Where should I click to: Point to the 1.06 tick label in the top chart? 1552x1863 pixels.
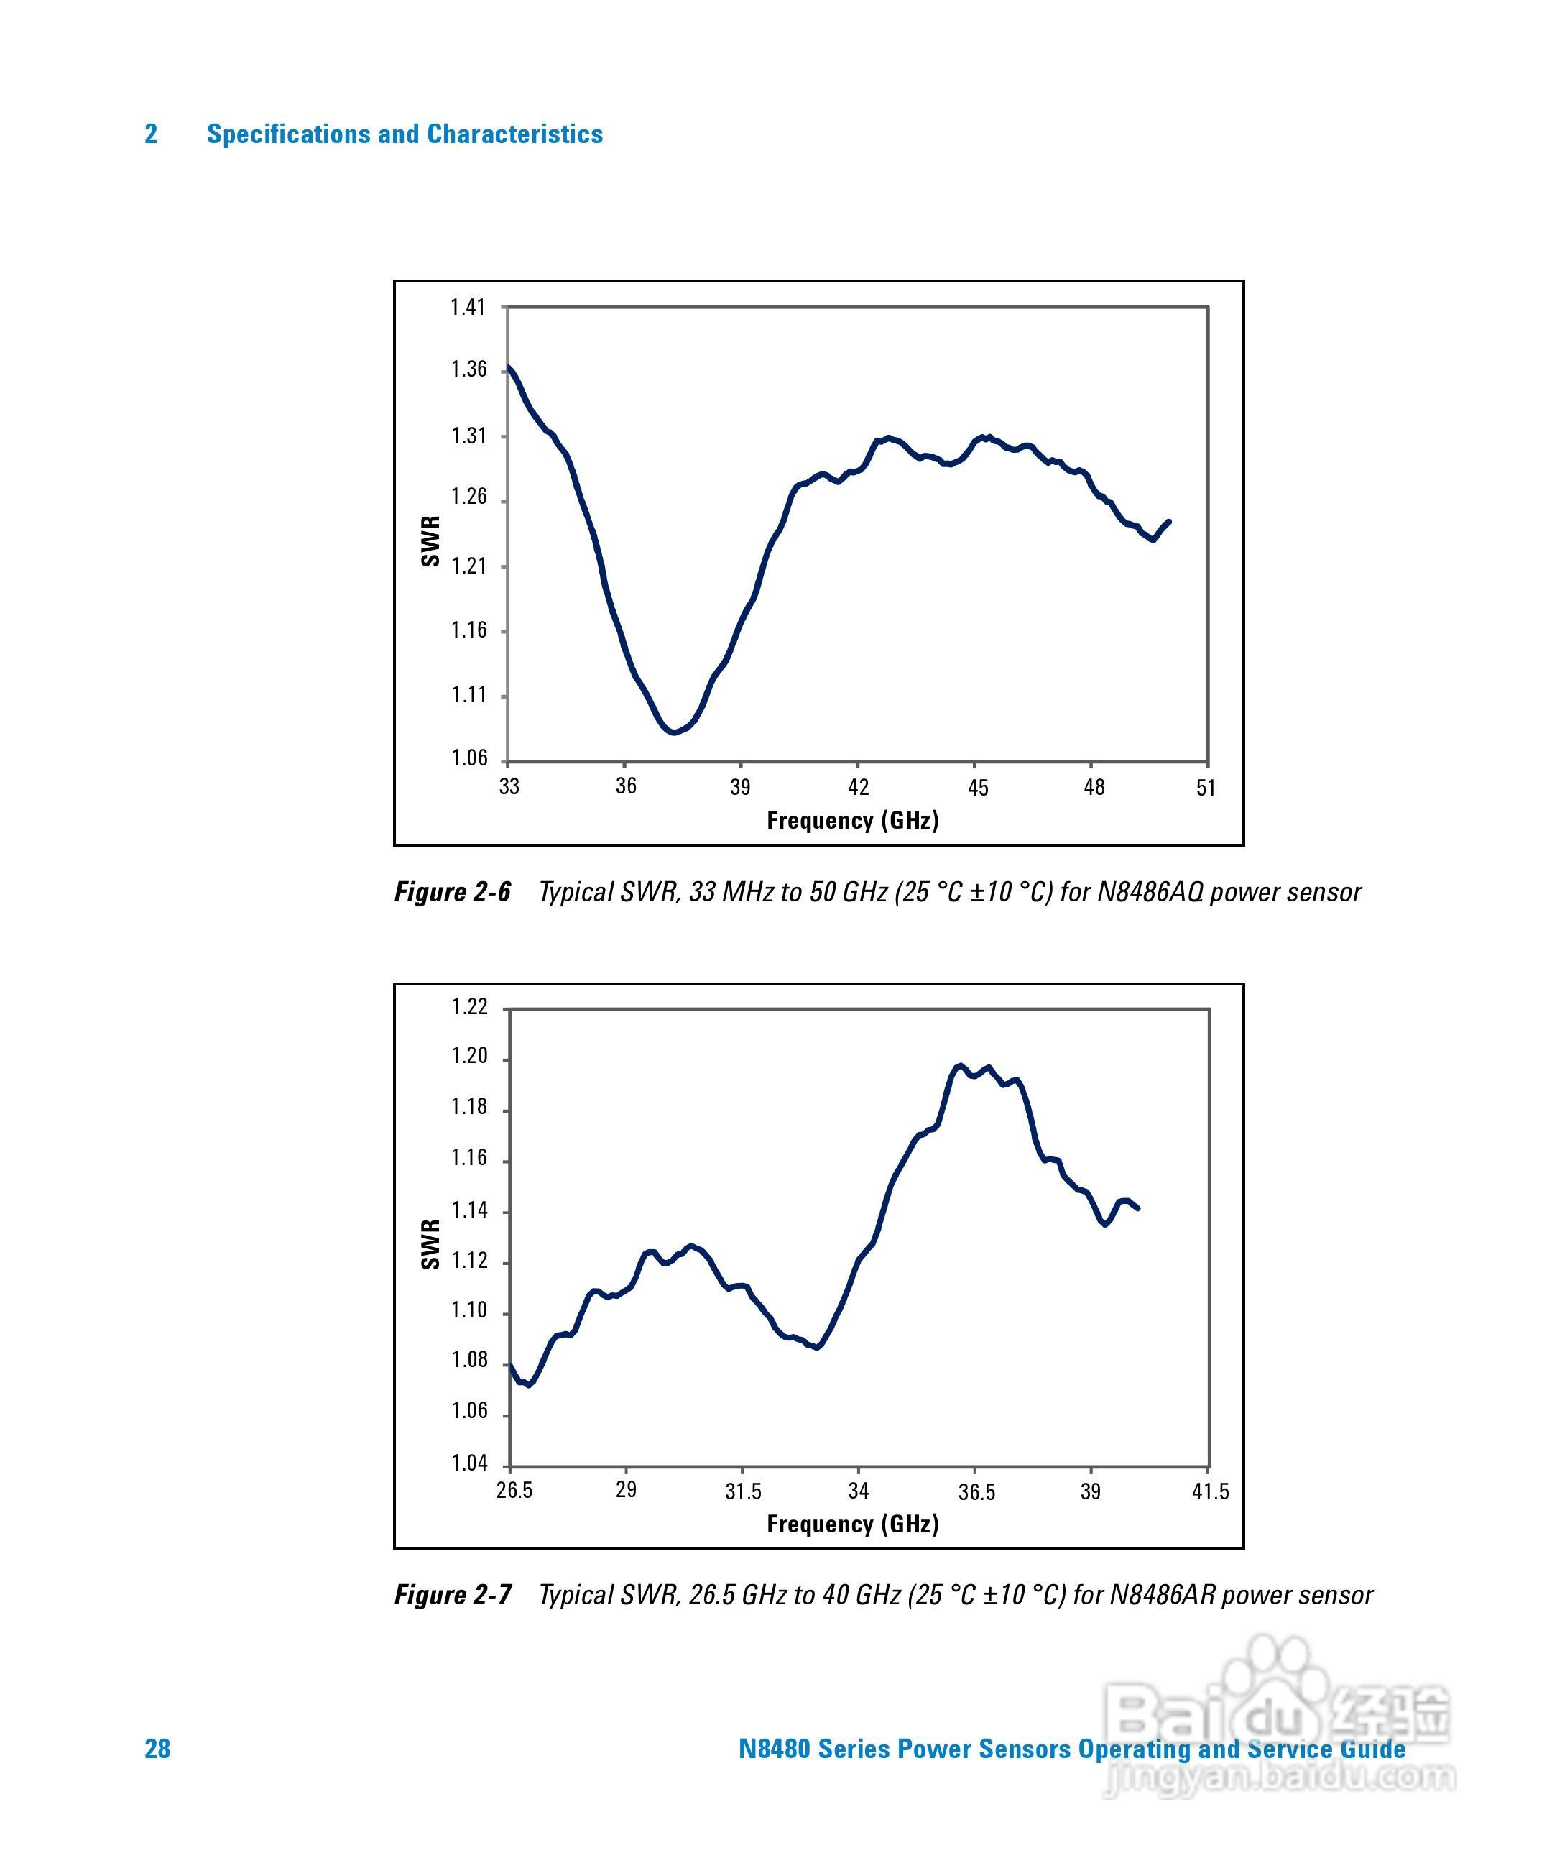[x=469, y=758]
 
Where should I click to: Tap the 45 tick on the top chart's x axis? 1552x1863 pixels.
[x=977, y=788]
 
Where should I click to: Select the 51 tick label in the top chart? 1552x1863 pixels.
[x=1205, y=788]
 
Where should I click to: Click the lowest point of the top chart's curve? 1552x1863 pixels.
[x=675, y=732]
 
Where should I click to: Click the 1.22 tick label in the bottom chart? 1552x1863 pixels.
[x=469, y=1007]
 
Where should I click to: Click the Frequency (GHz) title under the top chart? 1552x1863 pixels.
[x=852, y=821]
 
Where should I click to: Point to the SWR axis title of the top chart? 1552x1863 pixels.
[x=430, y=541]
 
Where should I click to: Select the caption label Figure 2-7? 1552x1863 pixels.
[x=452, y=1595]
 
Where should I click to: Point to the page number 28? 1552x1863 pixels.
[x=157, y=1749]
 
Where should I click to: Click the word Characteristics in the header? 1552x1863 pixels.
[x=514, y=134]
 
